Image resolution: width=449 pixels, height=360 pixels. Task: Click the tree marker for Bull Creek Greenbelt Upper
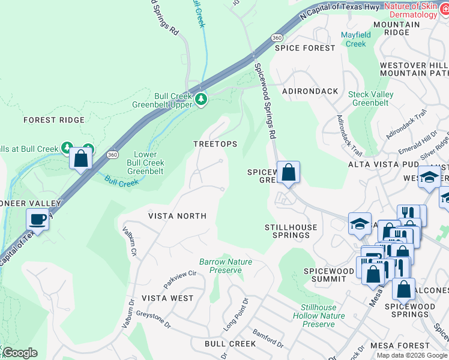pos(202,99)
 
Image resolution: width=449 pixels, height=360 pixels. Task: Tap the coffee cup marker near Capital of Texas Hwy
pos(37,220)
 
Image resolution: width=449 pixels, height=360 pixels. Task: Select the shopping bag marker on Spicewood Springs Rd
pos(288,173)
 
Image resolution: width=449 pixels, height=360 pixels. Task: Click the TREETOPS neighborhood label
pos(215,144)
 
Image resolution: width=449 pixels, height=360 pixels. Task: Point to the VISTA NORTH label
pos(177,216)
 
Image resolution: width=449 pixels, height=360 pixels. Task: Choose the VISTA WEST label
pos(167,298)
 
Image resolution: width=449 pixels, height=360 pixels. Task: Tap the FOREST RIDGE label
pos(54,120)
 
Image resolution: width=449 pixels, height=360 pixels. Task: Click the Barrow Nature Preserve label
pos(226,266)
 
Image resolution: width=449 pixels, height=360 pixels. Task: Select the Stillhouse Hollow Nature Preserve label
pos(318,316)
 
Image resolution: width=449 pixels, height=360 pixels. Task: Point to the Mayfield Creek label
pos(355,39)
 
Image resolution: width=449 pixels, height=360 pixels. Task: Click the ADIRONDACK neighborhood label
pos(311,91)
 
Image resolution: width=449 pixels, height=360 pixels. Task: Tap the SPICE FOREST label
pos(305,48)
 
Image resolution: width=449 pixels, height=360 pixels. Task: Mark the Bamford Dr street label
pos(268,338)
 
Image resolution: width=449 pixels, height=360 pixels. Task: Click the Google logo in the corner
pos(20,353)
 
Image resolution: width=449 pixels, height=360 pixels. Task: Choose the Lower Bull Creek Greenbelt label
pos(145,162)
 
